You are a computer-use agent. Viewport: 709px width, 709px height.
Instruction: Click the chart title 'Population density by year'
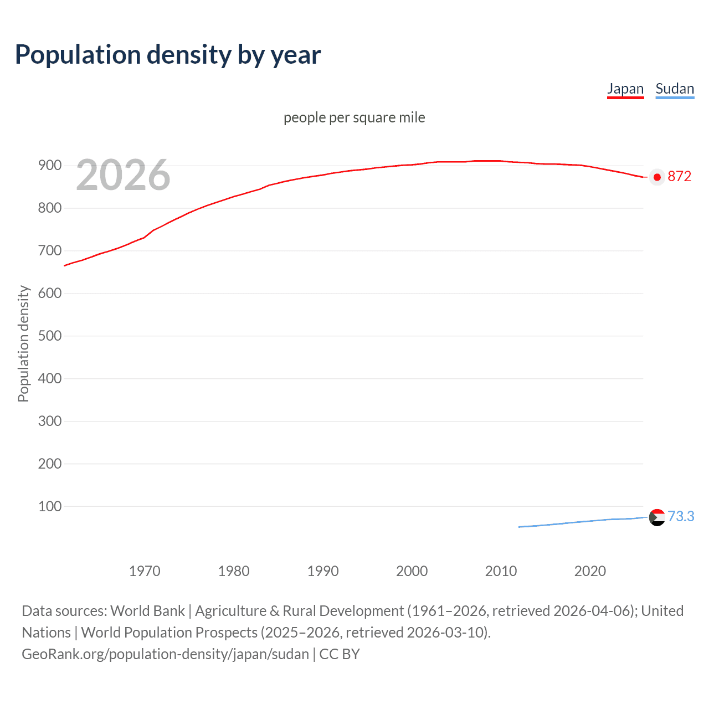pos(168,54)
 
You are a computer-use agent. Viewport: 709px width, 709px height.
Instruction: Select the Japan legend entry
pos(625,89)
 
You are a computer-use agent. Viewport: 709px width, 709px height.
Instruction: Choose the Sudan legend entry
pos(674,89)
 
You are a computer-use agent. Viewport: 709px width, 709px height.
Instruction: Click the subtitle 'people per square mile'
pos(354,117)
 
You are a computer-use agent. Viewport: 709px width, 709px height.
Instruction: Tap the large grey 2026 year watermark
pos(123,175)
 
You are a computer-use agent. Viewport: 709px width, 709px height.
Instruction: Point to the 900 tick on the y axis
pos(49,166)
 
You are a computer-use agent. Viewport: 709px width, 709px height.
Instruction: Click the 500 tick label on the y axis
pos(49,336)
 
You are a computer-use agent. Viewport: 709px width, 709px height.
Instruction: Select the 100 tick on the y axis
pos(49,506)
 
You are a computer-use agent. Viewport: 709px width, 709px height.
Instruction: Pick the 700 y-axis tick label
pos(49,250)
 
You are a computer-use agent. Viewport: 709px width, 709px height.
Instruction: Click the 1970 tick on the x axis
pos(145,571)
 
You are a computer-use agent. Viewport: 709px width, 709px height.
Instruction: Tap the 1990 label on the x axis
pos(323,571)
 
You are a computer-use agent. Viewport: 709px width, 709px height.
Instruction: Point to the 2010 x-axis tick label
pos(501,571)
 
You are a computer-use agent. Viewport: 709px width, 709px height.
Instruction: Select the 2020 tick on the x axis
pos(590,571)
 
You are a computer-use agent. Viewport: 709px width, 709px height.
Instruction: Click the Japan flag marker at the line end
pos(657,177)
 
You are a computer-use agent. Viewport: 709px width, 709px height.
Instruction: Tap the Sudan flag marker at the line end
pos(657,517)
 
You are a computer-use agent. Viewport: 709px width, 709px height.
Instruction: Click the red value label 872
pos(679,177)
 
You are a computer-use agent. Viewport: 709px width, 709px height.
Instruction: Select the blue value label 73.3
pos(681,516)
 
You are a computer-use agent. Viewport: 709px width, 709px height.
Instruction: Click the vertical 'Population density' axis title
pos(23,343)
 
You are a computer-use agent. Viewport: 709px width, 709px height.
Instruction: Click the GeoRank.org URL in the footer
pos(165,654)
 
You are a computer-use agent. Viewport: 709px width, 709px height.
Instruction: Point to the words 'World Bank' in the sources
pos(147,611)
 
